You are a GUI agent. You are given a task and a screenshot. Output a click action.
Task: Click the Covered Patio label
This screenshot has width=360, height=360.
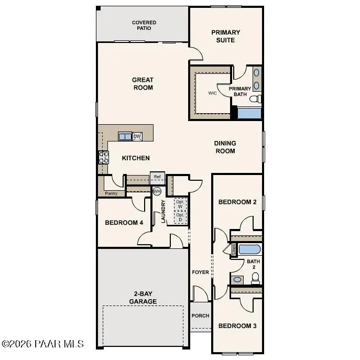click(x=144, y=25)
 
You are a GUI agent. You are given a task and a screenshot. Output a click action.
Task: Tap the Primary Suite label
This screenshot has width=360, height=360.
click(x=226, y=36)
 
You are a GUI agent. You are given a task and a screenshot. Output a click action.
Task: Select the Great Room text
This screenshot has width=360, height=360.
click(x=143, y=84)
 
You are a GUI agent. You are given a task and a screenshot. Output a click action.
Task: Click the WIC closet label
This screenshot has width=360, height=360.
click(x=212, y=93)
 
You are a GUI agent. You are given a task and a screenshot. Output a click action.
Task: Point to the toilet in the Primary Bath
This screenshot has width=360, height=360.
click(x=255, y=99)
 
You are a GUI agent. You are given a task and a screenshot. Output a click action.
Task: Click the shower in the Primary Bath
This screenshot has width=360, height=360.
click(x=249, y=113)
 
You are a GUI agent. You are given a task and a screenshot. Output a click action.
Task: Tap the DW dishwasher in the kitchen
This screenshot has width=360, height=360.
click(x=137, y=136)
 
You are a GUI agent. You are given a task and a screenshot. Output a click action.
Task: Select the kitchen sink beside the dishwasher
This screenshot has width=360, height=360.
click(x=125, y=136)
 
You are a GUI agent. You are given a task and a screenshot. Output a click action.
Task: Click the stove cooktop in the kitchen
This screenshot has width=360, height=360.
click(x=103, y=157)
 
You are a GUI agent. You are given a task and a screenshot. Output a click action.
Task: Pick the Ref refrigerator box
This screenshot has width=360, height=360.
click(x=157, y=177)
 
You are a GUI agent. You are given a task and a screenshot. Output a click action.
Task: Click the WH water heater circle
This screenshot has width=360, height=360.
click(x=157, y=191)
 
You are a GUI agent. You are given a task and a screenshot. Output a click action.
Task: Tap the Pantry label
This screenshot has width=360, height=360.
click(x=111, y=193)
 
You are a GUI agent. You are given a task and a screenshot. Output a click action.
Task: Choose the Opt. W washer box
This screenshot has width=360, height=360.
click(x=180, y=203)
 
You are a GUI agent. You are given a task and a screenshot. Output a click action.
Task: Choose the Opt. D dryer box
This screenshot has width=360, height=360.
click(x=180, y=217)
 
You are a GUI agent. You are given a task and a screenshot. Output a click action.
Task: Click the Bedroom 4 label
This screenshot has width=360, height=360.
click(x=124, y=223)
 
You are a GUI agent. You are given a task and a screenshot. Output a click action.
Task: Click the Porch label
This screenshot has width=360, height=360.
click(x=200, y=315)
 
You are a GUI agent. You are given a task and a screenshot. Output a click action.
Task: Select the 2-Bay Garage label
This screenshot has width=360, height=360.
click(x=143, y=298)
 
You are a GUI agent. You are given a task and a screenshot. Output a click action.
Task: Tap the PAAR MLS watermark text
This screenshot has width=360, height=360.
click(x=42, y=344)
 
